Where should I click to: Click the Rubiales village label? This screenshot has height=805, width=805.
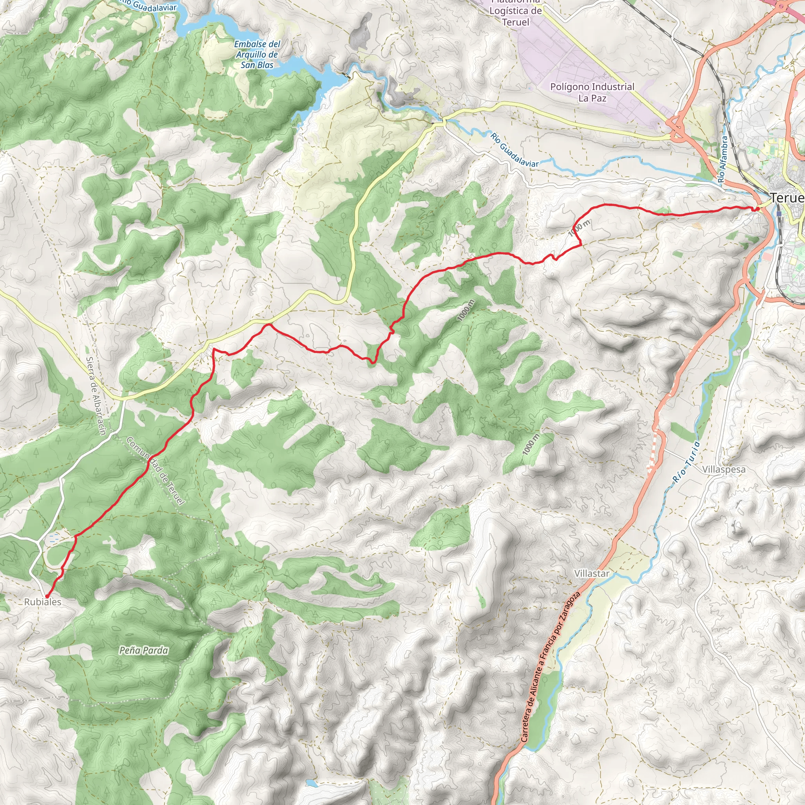[x=42, y=602]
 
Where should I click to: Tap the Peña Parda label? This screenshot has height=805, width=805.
[x=143, y=650]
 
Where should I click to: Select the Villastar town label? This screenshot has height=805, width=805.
[x=592, y=573]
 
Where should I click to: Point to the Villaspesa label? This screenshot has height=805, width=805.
[x=724, y=469]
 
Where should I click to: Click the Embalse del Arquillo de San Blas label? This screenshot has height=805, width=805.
[x=257, y=54]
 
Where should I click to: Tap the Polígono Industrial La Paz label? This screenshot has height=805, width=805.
[x=592, y=92]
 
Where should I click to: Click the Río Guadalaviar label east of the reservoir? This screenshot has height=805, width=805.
[x=514, y=150]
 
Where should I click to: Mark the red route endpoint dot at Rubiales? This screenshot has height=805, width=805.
[x=47, y=596]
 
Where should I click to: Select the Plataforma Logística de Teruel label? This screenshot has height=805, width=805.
[x=515, y=13]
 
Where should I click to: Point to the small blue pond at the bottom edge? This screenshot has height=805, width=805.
[x=312, y=783]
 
